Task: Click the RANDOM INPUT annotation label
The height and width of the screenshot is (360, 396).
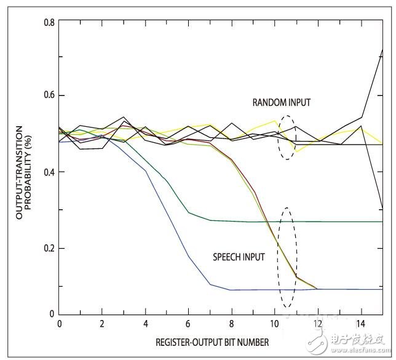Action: coord(281,102)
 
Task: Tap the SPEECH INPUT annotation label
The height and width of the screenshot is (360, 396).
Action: coord(239,257)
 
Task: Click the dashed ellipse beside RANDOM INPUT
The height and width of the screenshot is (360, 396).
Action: coord(285,137)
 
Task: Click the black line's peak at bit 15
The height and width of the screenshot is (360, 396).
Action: coord(382,50)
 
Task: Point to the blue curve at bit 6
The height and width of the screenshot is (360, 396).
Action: coord(188,256)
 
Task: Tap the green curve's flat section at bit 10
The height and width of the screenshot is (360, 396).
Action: coord(274,222)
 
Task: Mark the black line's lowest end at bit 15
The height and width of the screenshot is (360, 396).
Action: coord(382,207)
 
